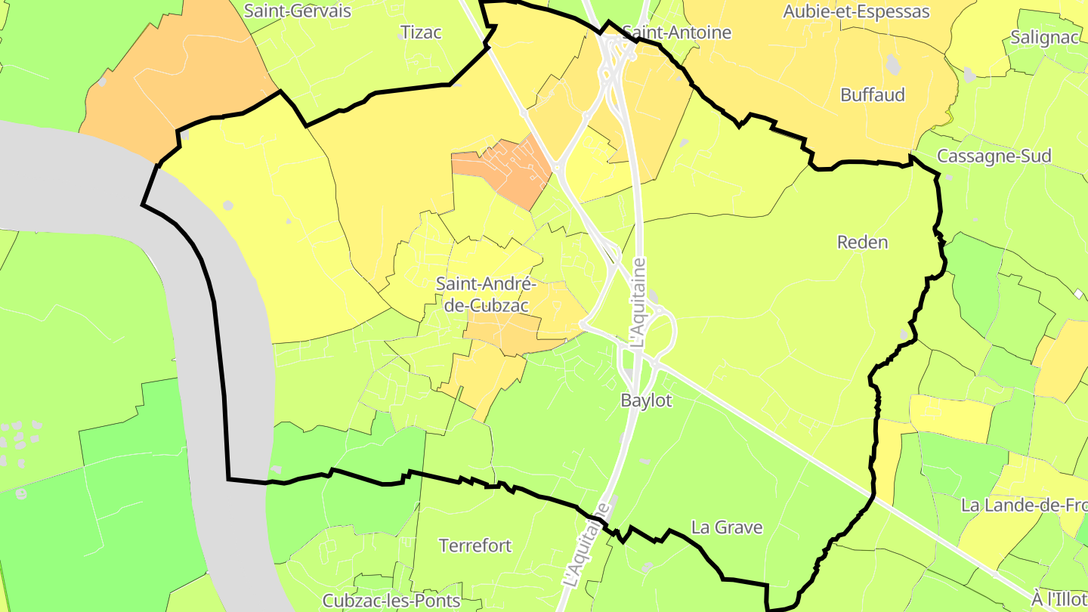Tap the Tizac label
tap(421, 32)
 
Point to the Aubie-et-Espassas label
tap(856, 12)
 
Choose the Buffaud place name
tap(873, 95)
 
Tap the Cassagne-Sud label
tap(994, 156)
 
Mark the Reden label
tap(862, 243)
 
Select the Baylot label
tap(646, 400)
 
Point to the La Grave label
tap(727, 527)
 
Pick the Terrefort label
tap(475, 546)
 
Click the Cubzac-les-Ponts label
tap(391, 601)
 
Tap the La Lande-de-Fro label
tap(1024, 505)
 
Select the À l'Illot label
tap(1060, 599)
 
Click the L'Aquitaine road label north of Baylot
tap(639, 302)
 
